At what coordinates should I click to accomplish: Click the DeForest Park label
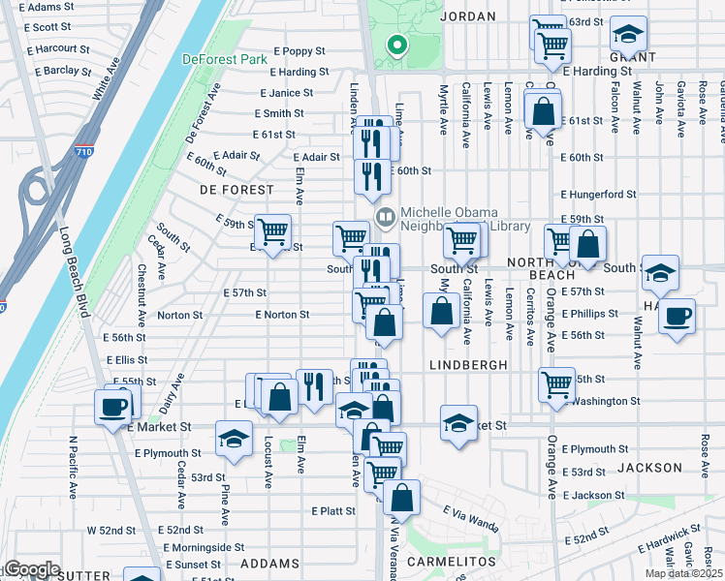pyautogui.click(x=225, y=59)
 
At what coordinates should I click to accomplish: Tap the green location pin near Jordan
pyautogui.click(x=395, y=45)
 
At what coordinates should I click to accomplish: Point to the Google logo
pyautogui.click(x=31, y=569)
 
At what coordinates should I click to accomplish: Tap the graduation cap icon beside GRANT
pyautogui.click(x=628, y=36)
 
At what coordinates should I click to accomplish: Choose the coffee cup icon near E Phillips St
pyautogui.click(x=677, y=316)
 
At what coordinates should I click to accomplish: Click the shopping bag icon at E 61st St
pyautogui.click(x=544, y=111)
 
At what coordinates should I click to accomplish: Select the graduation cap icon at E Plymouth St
pyautogui.click(x=233, y=439)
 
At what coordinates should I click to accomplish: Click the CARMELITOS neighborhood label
pyautogui.click(x=452, y=562)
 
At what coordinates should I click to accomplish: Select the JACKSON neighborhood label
pyautogui.click(x=649, y=468)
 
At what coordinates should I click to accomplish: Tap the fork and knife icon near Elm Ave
pyautogui.click(x=313, y=386)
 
